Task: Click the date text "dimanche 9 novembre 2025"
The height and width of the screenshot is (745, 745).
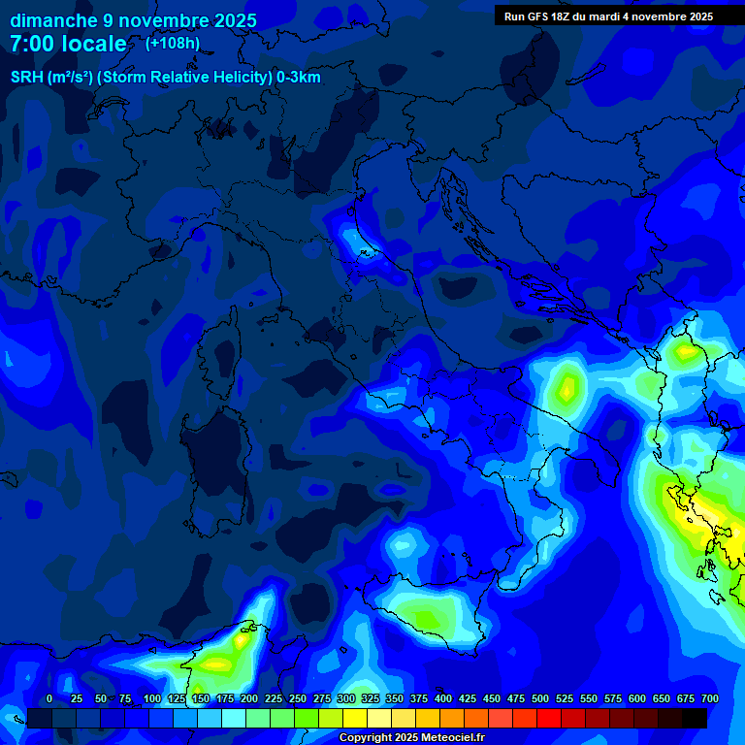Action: (133, 20)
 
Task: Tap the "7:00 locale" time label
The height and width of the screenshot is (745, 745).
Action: (68, 44)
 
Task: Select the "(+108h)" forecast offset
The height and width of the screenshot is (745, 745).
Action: (173, 44)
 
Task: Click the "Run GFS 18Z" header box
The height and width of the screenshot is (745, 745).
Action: (608, 16)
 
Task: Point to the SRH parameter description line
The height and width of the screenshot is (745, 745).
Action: (165, 78)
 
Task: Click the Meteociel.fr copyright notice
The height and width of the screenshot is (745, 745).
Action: (411, 738)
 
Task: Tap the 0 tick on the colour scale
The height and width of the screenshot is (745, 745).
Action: (49, 698)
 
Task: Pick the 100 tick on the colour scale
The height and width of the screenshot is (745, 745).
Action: (151, 698)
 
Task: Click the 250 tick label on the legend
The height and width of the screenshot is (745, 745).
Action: (297, 698)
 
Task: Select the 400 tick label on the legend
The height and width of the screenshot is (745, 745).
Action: (443, 698)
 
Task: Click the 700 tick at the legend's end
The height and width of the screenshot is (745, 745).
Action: (709, 698)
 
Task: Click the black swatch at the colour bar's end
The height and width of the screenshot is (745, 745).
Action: (695, 718)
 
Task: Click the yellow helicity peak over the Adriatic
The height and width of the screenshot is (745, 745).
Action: (566, 388)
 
